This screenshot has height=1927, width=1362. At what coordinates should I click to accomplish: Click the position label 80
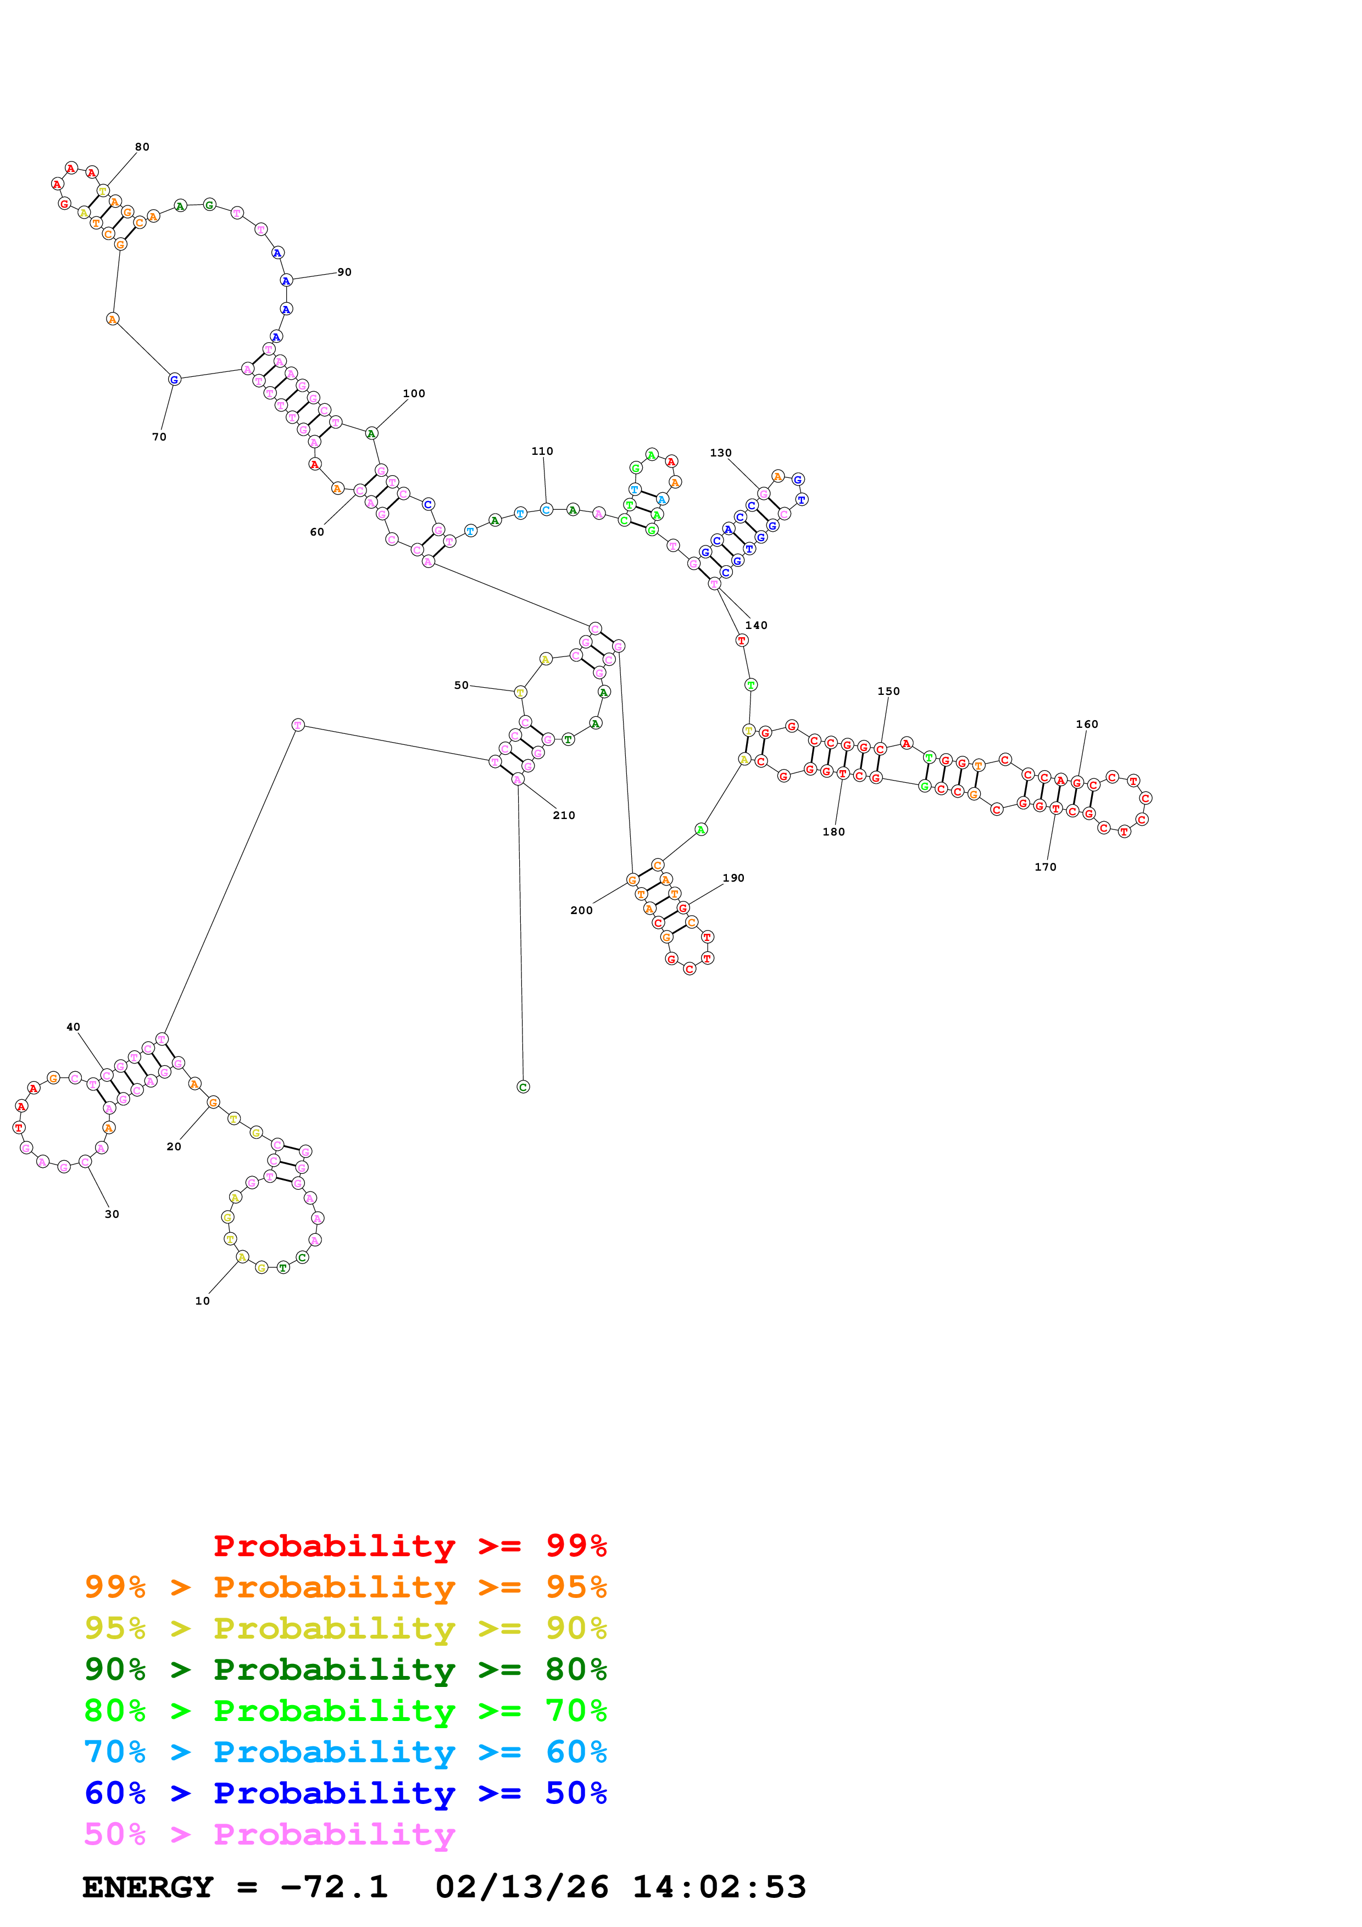pyautogui.click(x=142, y=147)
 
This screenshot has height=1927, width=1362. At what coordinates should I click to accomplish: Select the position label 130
pyautogui.click(x=720, y=453)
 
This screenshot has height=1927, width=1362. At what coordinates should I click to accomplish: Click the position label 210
pyautogui.click(x=563, y=815)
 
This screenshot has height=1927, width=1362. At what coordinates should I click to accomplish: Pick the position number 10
pyautogui.click(x=202, y=1300)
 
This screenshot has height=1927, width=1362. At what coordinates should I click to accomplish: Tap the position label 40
pyautogui.click(x=73, y=1027)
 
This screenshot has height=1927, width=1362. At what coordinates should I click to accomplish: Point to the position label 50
pyautogui.click(x=461, y=685)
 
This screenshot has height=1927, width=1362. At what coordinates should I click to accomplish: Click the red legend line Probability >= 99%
pyautogui.click(x=409, y=1545)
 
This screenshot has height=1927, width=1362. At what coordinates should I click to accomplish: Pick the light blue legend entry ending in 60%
pyautogui.click(x=345, y=1752)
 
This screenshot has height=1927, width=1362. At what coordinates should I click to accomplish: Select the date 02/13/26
pyautogui.click(x=521, y=1887)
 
